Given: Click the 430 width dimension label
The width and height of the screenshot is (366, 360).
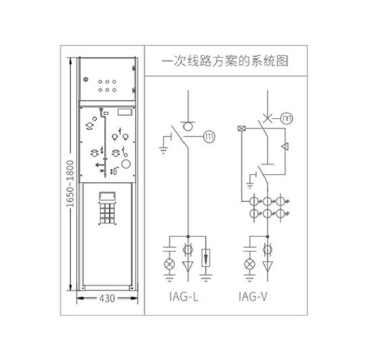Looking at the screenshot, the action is click(107, 298).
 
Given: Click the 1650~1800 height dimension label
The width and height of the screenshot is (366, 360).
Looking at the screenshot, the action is click(70, 183).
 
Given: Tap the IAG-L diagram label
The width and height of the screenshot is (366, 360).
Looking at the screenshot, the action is click(184, 297).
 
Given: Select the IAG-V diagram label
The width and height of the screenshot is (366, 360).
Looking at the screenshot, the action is click(253, 297).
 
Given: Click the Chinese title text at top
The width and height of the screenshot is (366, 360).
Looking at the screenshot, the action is click(225, 61).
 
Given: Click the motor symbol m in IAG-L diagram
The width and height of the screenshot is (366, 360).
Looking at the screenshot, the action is click(210, 137).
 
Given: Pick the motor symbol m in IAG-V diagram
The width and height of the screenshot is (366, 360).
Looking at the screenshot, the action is click(286, 118).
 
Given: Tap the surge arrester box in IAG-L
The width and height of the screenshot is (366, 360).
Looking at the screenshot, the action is click(206, 258).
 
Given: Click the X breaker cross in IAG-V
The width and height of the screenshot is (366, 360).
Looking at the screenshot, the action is click(268, 118).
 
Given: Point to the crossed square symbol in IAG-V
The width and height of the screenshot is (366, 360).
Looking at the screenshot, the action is click(242, 129).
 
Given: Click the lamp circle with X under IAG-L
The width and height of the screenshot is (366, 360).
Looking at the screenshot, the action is click(169, 264).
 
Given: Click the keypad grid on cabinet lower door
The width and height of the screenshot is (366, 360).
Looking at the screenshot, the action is click(107, 213).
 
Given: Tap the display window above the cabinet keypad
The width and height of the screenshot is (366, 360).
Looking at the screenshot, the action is click(107, 196).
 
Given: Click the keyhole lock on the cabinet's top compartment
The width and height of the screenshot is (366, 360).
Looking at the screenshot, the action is click(86, 79).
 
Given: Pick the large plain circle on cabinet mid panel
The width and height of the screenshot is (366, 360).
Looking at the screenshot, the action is click(126, 164).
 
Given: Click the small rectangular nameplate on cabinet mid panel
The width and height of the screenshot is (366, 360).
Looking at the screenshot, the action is click(125, 112).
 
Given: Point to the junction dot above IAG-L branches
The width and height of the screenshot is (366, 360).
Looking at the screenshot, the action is click(188, 236).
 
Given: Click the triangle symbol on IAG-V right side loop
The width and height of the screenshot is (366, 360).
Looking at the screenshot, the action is click(285, 147).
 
